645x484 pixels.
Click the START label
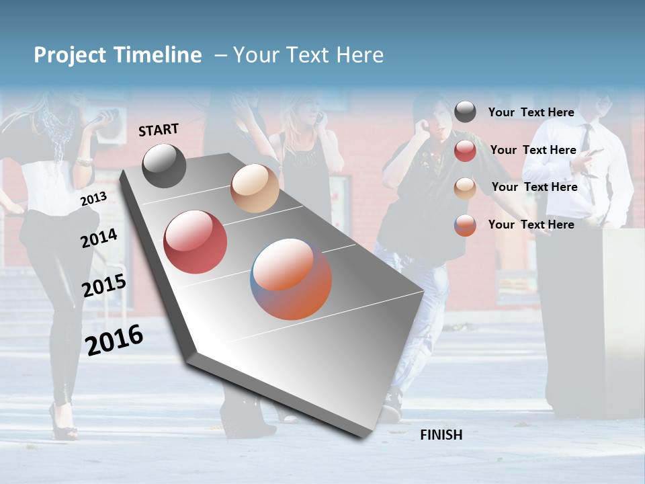coord(159,130)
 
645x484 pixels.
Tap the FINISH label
coord(441,435)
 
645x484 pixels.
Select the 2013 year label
coord(93,198)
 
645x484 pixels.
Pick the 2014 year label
coord(99,238)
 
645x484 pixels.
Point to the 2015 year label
coord(103,286)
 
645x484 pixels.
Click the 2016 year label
coord(114,339)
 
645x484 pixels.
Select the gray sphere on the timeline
coord(164,166)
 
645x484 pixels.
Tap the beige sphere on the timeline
coord(255,188)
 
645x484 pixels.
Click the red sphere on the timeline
coord(195,242)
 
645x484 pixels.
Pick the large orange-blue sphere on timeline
coord(291,279)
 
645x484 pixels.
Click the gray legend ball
coord(465,112)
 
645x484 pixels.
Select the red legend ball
coord(465,151)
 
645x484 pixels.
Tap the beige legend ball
coord(465,188)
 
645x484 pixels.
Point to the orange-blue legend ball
coord(465,225)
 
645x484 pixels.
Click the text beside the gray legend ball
coord(531,113)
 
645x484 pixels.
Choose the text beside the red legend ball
coord(533,151)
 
